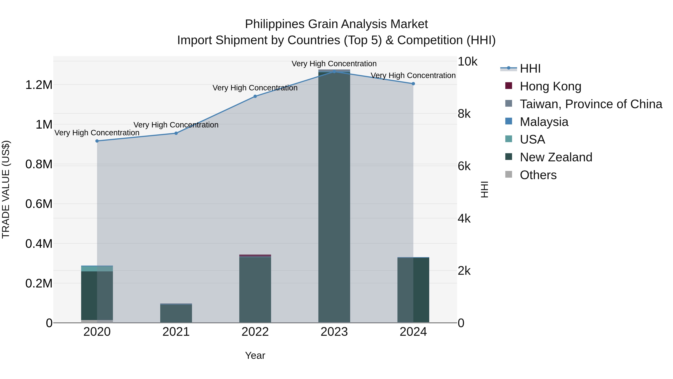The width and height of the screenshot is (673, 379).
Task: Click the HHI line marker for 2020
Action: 97,141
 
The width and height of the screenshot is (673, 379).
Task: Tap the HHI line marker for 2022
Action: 255,96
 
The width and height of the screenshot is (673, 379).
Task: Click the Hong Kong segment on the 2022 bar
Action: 255,255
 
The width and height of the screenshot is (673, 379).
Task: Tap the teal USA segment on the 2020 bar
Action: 97,269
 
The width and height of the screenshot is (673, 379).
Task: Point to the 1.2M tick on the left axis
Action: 39,85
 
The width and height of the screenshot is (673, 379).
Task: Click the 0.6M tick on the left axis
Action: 39,204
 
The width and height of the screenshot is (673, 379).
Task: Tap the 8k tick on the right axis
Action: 464,114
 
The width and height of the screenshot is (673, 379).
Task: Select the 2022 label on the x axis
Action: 255,332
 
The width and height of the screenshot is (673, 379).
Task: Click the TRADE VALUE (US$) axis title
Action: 6,189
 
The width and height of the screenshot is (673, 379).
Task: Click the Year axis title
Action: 255,355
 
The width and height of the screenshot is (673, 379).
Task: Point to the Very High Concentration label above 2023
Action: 334,64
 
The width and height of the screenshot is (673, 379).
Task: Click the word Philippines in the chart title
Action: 275,24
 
